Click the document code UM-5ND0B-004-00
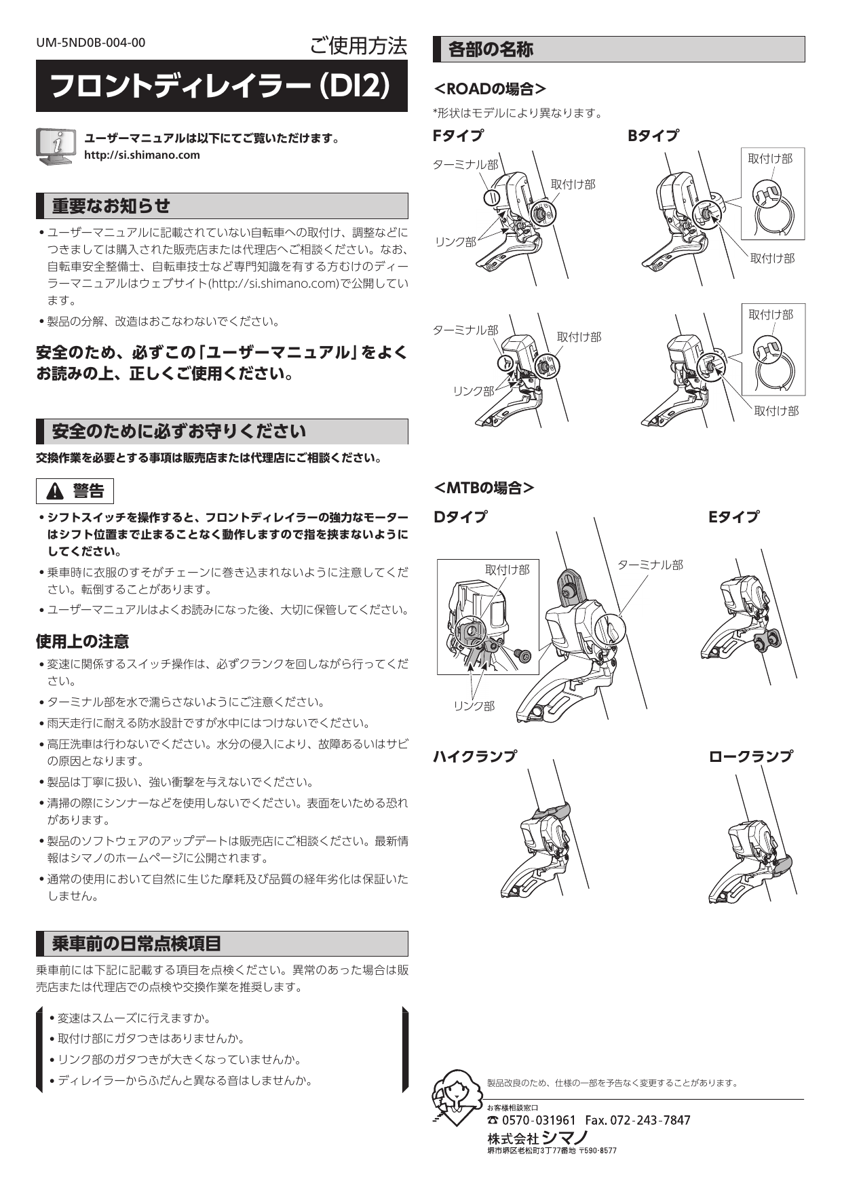(90, 43)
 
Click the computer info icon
(55, 147)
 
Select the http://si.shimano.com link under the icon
(142, 155)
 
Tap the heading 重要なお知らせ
(111, 206)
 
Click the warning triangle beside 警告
(56, 491)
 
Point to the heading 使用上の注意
(82, 641)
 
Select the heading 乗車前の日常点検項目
(136, 943)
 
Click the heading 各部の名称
(491, 50)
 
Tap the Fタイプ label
(459, 136)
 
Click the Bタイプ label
(653, 136)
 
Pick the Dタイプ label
(460, 517)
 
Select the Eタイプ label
(733, 517)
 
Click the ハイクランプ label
(475, 756)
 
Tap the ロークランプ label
(750, 756)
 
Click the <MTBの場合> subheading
(484, 488)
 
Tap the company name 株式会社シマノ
(537, 1137)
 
